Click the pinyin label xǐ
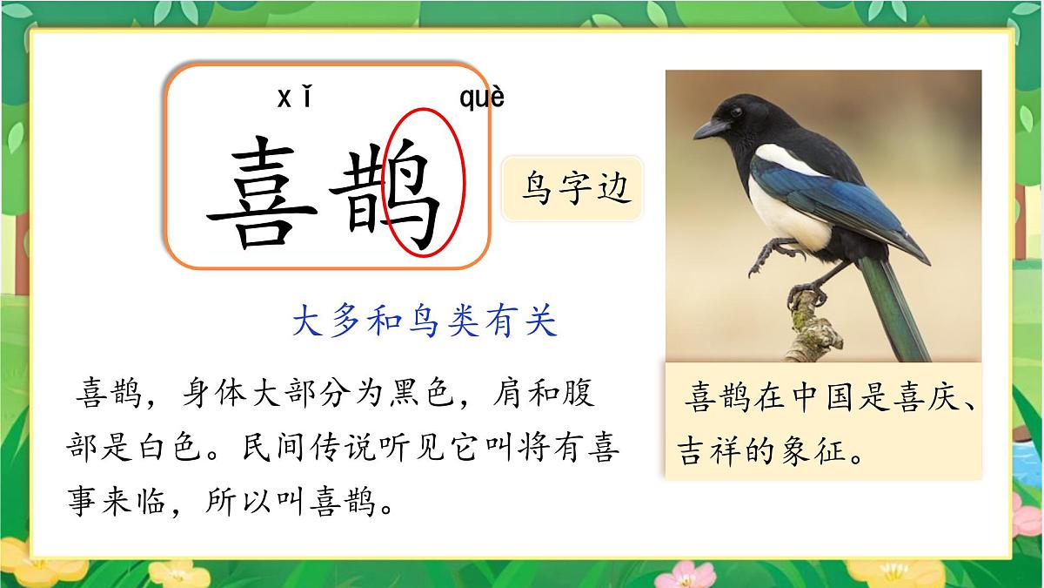point(294,98)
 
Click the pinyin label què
point(481,98)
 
